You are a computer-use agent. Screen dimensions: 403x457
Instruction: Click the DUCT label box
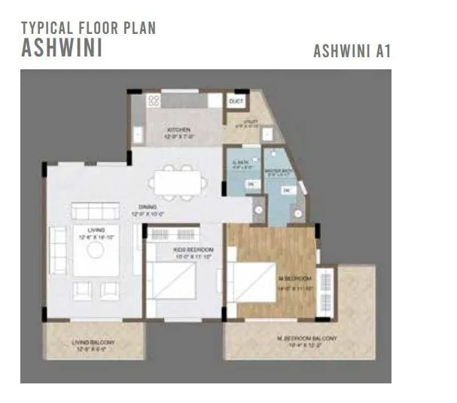[x=236, y=101]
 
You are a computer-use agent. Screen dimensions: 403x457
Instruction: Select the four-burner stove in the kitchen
[x=153, y=100]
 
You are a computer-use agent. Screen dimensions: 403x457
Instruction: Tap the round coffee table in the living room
[x=95, y=248]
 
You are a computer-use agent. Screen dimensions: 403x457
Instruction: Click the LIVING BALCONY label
[x=92, y=346]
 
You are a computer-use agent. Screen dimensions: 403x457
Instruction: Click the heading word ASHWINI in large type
[x=62, y=48]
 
